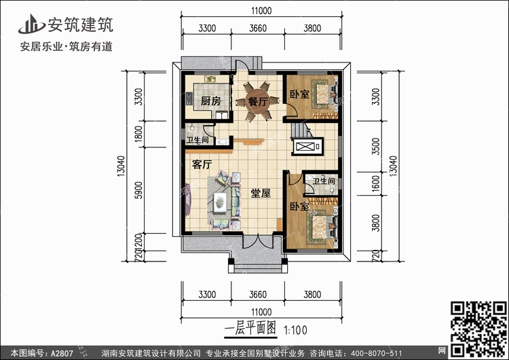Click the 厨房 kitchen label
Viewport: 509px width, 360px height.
point(211,101)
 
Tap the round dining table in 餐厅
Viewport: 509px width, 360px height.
point(257,101)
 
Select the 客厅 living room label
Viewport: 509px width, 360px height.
point(202,164)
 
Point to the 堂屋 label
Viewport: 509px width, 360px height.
point(261,193)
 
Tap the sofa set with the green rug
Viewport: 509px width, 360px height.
point(221,199)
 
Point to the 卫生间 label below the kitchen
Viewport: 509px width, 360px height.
point(197,141)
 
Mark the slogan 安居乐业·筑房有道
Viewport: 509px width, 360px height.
point(63,46)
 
